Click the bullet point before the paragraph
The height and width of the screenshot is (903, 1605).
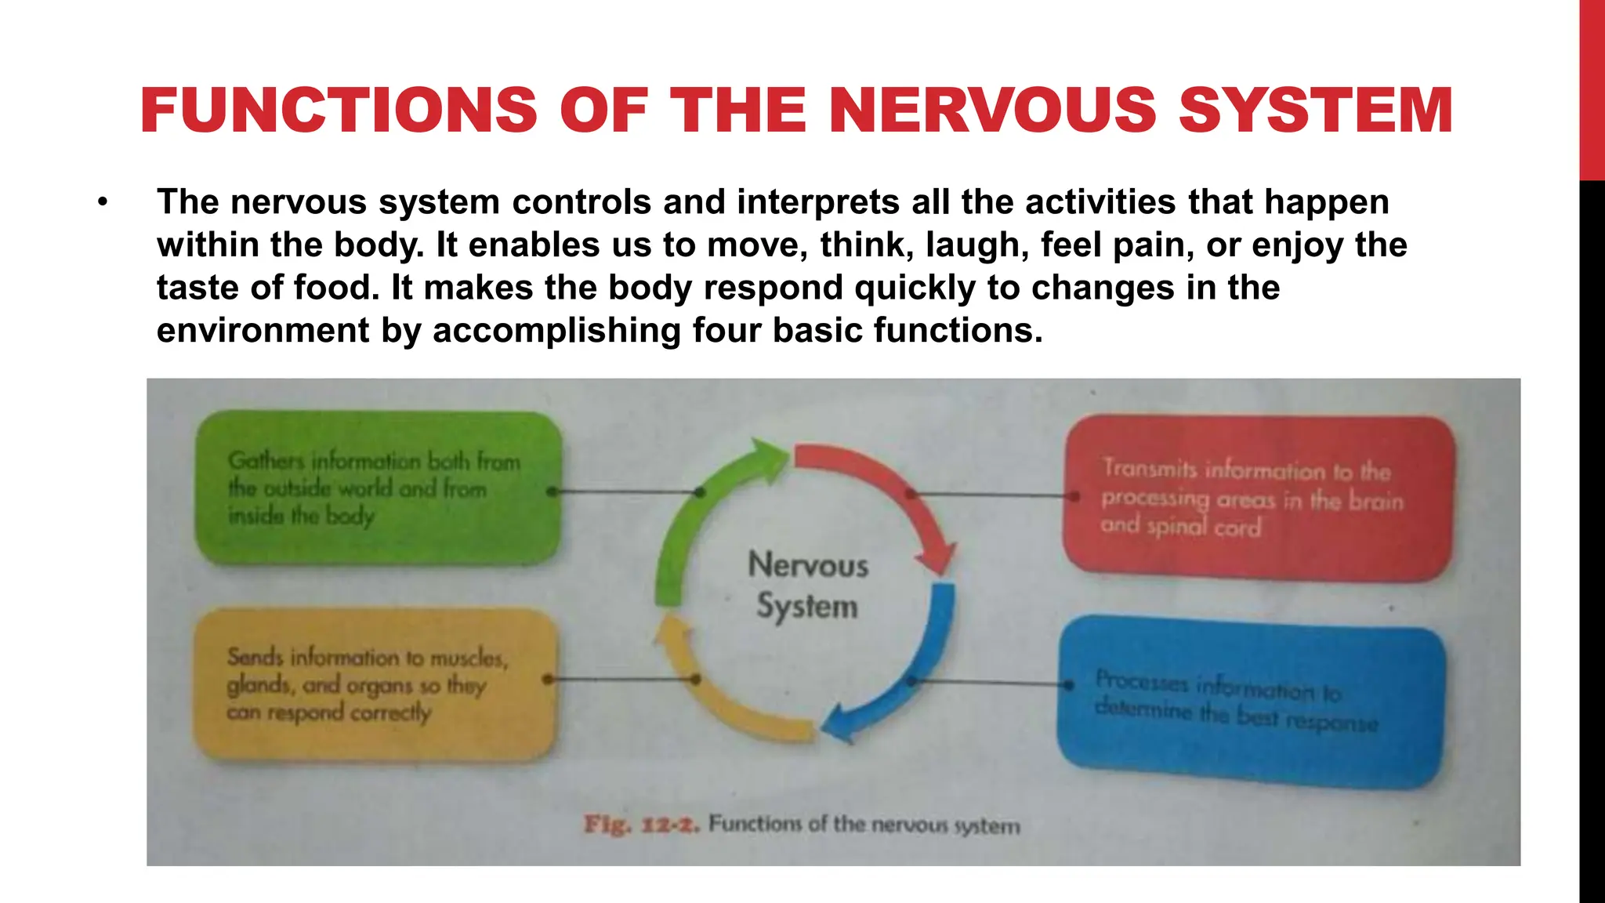click(x=102, y=203)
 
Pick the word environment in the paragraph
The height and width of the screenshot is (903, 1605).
click(x=263, y=330)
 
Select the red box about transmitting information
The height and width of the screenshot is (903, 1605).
click(x=1258, y=497)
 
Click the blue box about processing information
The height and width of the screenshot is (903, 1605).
click(x=1251, y=702)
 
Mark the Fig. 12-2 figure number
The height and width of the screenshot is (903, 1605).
click(x=640, y=825)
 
